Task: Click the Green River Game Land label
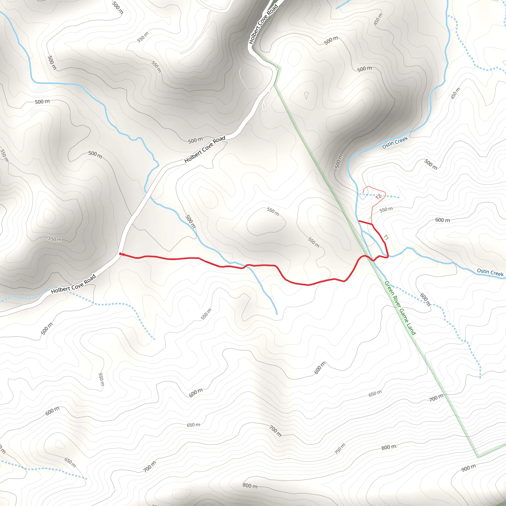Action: coord(400,308)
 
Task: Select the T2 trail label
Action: coord(378,197)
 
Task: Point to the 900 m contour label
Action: coord(468,468)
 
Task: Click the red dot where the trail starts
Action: coord(121,254)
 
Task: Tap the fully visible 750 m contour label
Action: coord(340,449)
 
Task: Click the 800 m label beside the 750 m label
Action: coord(389,447)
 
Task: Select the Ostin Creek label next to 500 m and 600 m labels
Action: coord(490,272)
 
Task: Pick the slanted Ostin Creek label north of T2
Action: coord(395,143)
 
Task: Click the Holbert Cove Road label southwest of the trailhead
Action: coord(74,284)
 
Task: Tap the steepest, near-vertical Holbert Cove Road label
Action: coord(263,24)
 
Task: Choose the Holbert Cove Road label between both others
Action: coord(205,149)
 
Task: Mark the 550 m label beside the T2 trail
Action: coord(386,209)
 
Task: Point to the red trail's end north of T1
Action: coord(359,221)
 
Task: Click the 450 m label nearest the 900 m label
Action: coord(455,93)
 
